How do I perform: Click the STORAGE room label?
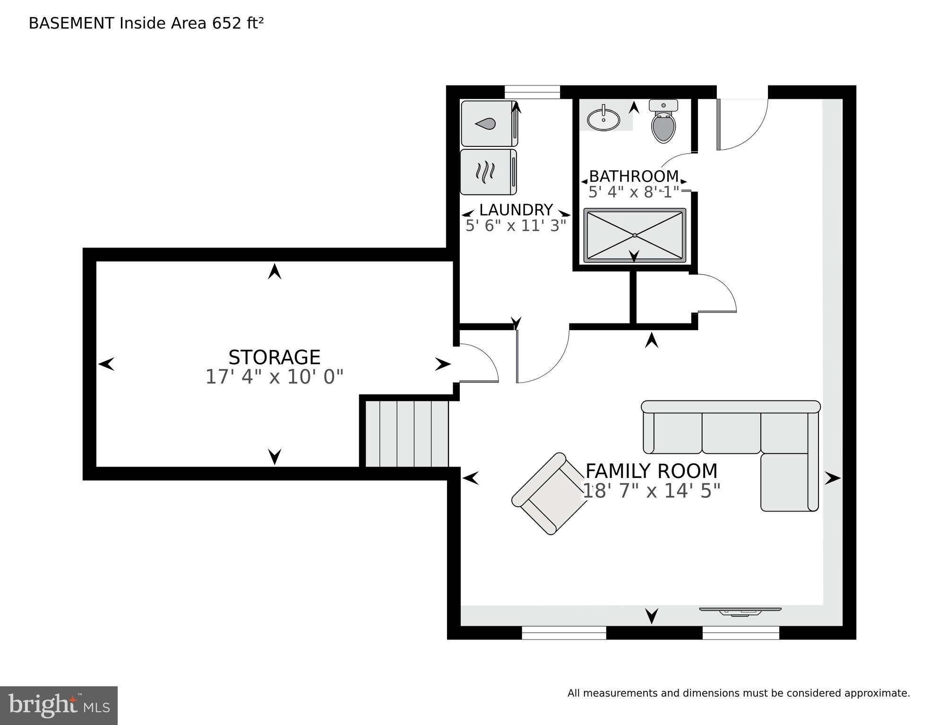pos(274,358)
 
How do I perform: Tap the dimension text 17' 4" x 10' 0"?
pos(274,377)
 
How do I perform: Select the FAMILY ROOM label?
pos(651,471)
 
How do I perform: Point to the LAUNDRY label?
pos(516,210)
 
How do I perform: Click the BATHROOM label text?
pos(633,176)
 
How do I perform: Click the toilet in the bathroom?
pos(663,123)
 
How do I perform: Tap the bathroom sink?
pos(603,119)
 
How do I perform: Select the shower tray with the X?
pos(634,235)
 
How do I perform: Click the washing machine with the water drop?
pos(488,124)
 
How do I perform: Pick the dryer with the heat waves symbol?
pos(488,172)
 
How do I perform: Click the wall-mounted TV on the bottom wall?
pos(740,611)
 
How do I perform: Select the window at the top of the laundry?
pos(532,92)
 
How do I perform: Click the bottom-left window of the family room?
pos(564,632)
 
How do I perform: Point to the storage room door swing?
pos(477,365)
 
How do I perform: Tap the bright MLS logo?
pos(59,705)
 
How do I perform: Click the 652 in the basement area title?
pos(227,23)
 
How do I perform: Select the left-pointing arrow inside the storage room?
pos(106,364)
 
